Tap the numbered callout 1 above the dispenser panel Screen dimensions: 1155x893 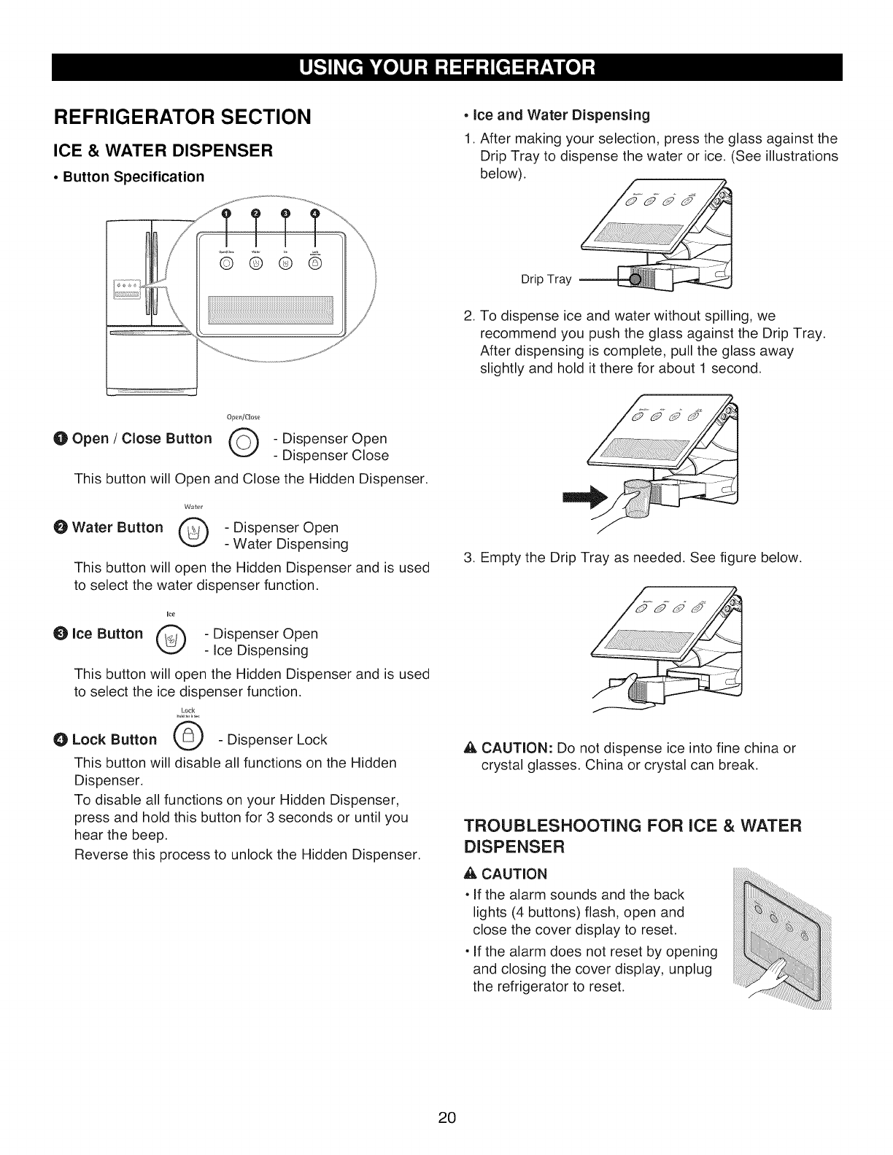click(226, 213)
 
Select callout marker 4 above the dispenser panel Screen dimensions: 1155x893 click(315, 213)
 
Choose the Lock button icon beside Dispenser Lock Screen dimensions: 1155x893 click(187, 739)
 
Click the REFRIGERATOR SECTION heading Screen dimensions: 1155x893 click(179, 116)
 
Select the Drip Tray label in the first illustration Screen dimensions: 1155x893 click(546, 279)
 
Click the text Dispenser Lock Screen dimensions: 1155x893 click(277, 739)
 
